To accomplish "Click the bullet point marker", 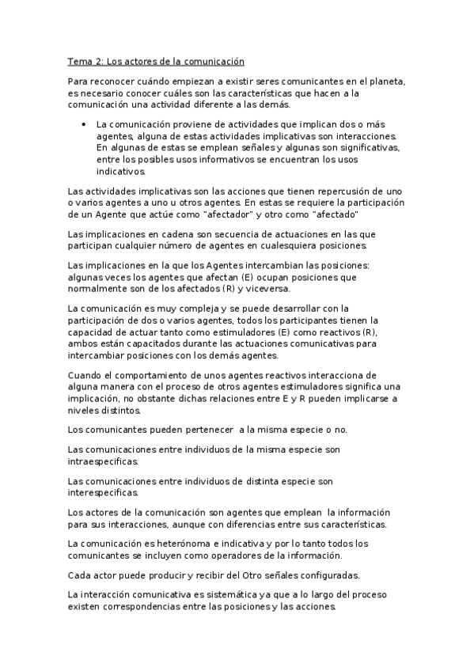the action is point(83,124).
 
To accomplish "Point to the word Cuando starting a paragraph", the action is point(86,374).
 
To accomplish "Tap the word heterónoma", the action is point(194,543).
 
